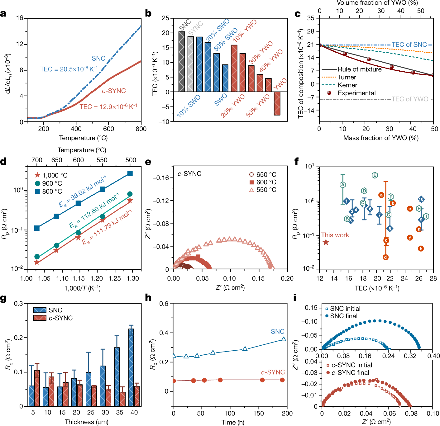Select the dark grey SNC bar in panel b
point(182,62)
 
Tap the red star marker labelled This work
point(326,242)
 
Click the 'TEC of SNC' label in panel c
point(409,45)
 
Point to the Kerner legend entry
point(347,85)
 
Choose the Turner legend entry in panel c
point(347,77)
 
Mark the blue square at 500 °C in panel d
point(130,174)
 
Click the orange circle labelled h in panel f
point(421,249)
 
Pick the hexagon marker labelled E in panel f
point(375,175)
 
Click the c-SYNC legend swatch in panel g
point(40,318)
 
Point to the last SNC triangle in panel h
point(283,339)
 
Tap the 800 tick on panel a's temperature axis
point(141,129)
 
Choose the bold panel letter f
point(297,162)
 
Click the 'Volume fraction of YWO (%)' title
point(377,3)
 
